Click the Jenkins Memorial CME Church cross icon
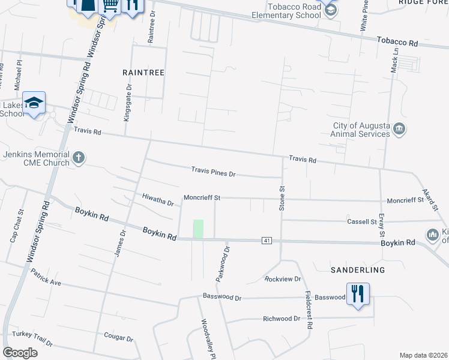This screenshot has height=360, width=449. (78, 158)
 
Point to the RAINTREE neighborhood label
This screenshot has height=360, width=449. (143, 72)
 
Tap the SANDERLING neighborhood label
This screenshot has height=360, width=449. (358, 271)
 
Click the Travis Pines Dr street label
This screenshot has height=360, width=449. (214, 172)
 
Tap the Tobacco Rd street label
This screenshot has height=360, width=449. (397, 43)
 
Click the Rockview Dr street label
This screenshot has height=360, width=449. (282, 279)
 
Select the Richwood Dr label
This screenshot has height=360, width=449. (281, 319)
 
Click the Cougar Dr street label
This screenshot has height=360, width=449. (118, 338)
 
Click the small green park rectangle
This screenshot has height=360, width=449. (198, 229)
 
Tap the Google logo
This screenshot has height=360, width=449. (20, 353)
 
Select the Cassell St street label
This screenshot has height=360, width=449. (361, 221)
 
